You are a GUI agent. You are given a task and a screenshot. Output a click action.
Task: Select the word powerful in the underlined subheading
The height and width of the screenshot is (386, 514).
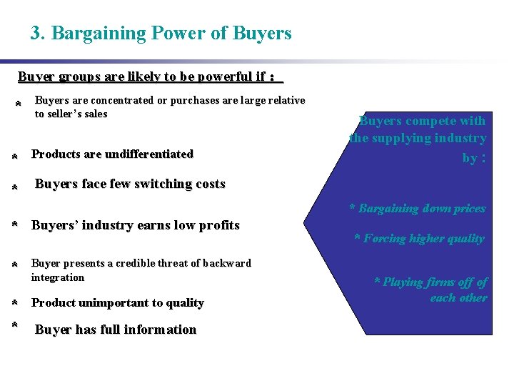pos(215,76)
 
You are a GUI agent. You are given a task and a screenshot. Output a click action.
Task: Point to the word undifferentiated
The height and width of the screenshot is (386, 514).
pos(149,154)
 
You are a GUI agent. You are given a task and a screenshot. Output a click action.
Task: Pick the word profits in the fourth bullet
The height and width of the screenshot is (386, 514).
pos(218,225)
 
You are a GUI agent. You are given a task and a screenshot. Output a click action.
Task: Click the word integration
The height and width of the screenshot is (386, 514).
pos(58,277)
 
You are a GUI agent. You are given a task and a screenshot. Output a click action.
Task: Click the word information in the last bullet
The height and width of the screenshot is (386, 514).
pos(163,330)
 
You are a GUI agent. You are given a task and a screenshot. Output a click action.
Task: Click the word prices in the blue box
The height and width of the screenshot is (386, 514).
pos(468,208)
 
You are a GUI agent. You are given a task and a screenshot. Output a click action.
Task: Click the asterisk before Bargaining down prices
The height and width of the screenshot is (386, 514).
pos(353,208)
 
